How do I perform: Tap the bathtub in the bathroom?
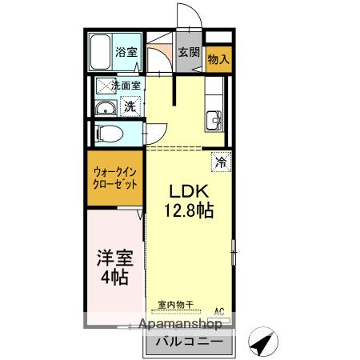pyautogui.click(x=100, y=53)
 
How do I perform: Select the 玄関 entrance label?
pyautogui.click(x=188, y=54)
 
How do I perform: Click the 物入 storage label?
pyautogui.click(x=218, y=58)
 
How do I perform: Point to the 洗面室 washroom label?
pyautogui.click(x=125, y=86)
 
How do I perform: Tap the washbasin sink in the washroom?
pyautogui.click(x=105, y=110)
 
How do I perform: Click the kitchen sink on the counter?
pyautogui.click(x=214, y=122)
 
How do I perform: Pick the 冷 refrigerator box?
pyautogui.click(x=221, y=161)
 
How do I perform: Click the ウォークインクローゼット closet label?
pyautogui.click(x=114, y=177)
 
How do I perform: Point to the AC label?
pyautogui.click(x=218, y=311)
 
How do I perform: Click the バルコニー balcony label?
pyautogui.click(x=187, y=342)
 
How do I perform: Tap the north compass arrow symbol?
pyautogui.click(x=262, y=342)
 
